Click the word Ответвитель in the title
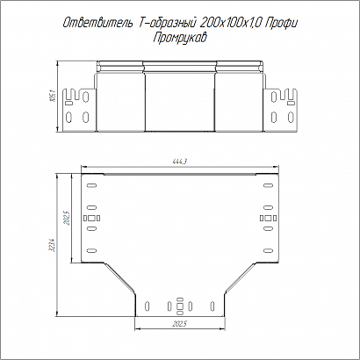[97, 23]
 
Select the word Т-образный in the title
[167, 23]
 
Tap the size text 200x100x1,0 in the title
[231, 23]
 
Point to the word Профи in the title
[281, 23]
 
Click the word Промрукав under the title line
[180, 38]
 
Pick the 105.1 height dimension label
[53, 97]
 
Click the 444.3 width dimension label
[180, 162]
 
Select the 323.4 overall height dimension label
[52, 245]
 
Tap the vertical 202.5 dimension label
[67, 218]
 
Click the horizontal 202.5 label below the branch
[179, 324]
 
